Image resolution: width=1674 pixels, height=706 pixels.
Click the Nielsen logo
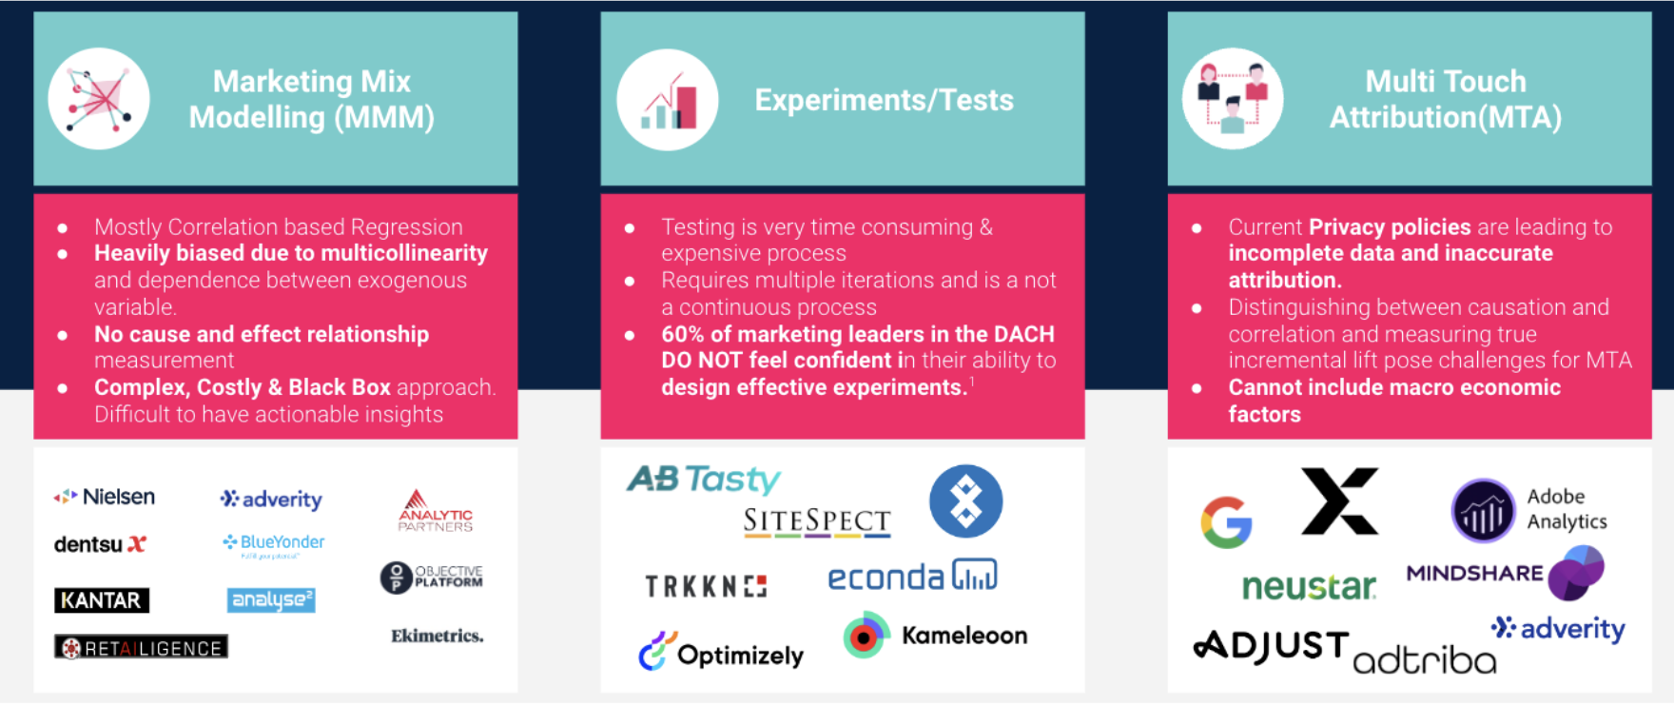click(x=105, y=497)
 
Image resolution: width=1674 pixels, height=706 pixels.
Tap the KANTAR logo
click(x=102, y=600)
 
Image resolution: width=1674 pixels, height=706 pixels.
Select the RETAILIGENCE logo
click(x=141, y=648)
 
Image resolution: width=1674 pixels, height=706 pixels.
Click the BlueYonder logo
click(x=274, y=542)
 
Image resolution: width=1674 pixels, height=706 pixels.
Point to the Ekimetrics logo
click(x=437, y=636)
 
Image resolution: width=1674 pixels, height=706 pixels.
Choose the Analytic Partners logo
click(x=435, y=511)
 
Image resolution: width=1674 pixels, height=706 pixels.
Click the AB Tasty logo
click(x=704, y=479)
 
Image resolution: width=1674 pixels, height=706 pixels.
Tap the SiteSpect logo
click(x=817, y=521)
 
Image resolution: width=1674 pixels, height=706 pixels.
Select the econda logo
click(x=912, y=577)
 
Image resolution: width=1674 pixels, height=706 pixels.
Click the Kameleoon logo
click(x=936, y=636)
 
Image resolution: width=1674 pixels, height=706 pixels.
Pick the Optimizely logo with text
click(x=721, y=654)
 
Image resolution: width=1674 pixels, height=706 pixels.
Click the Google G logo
click(x=1226, y=522)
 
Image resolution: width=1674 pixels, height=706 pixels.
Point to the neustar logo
click(x=1309, y=587)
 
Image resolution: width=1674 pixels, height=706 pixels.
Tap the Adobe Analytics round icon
click(x=1482, y=511)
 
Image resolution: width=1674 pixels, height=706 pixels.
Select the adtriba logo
click(x=1424, y=659)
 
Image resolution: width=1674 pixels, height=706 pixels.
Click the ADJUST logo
click(x=1272, y=646)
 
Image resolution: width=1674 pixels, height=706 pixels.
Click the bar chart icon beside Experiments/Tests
click(x=668, y=100)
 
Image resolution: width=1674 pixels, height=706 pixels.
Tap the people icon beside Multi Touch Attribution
click(x=1233, y=99)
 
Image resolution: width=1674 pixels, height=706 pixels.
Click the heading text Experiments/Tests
click(x=884, y=100)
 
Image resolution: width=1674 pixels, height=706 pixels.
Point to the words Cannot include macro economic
click(x=1393, y=387)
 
